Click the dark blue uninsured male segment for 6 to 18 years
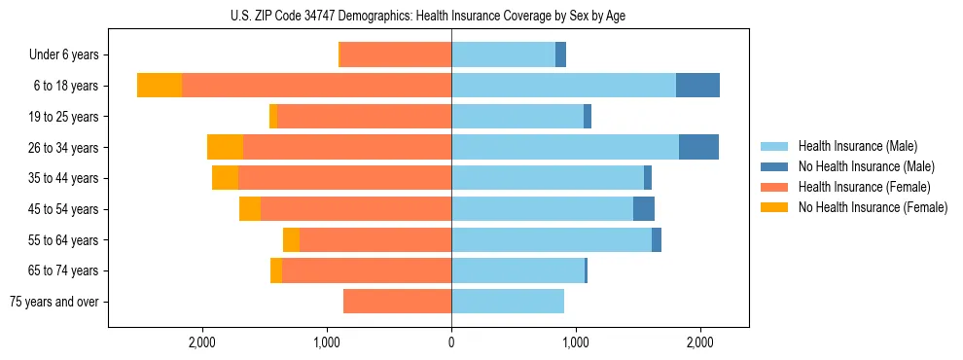pyautogui.click(x=697, y=86)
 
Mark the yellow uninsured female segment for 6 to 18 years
pyautogui.click(x=160, y=86)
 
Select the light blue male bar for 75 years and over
pyautogui.click(x=508, y=302)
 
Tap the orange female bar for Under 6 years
pyautogui.click(x=395, y=54)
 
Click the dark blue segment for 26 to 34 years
pyautogui.click(x=698, y=147)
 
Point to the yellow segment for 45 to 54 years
pyautogui.click(x=250, y=209)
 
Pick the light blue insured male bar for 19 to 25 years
pyautogui.click(x=517, y=117)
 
